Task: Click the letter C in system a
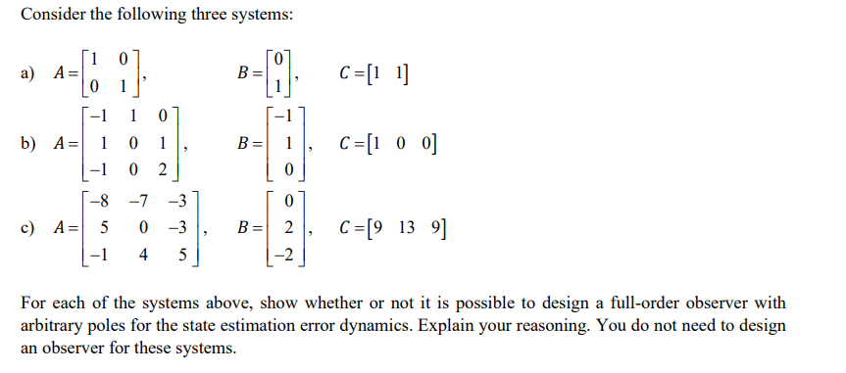[344, 70]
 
